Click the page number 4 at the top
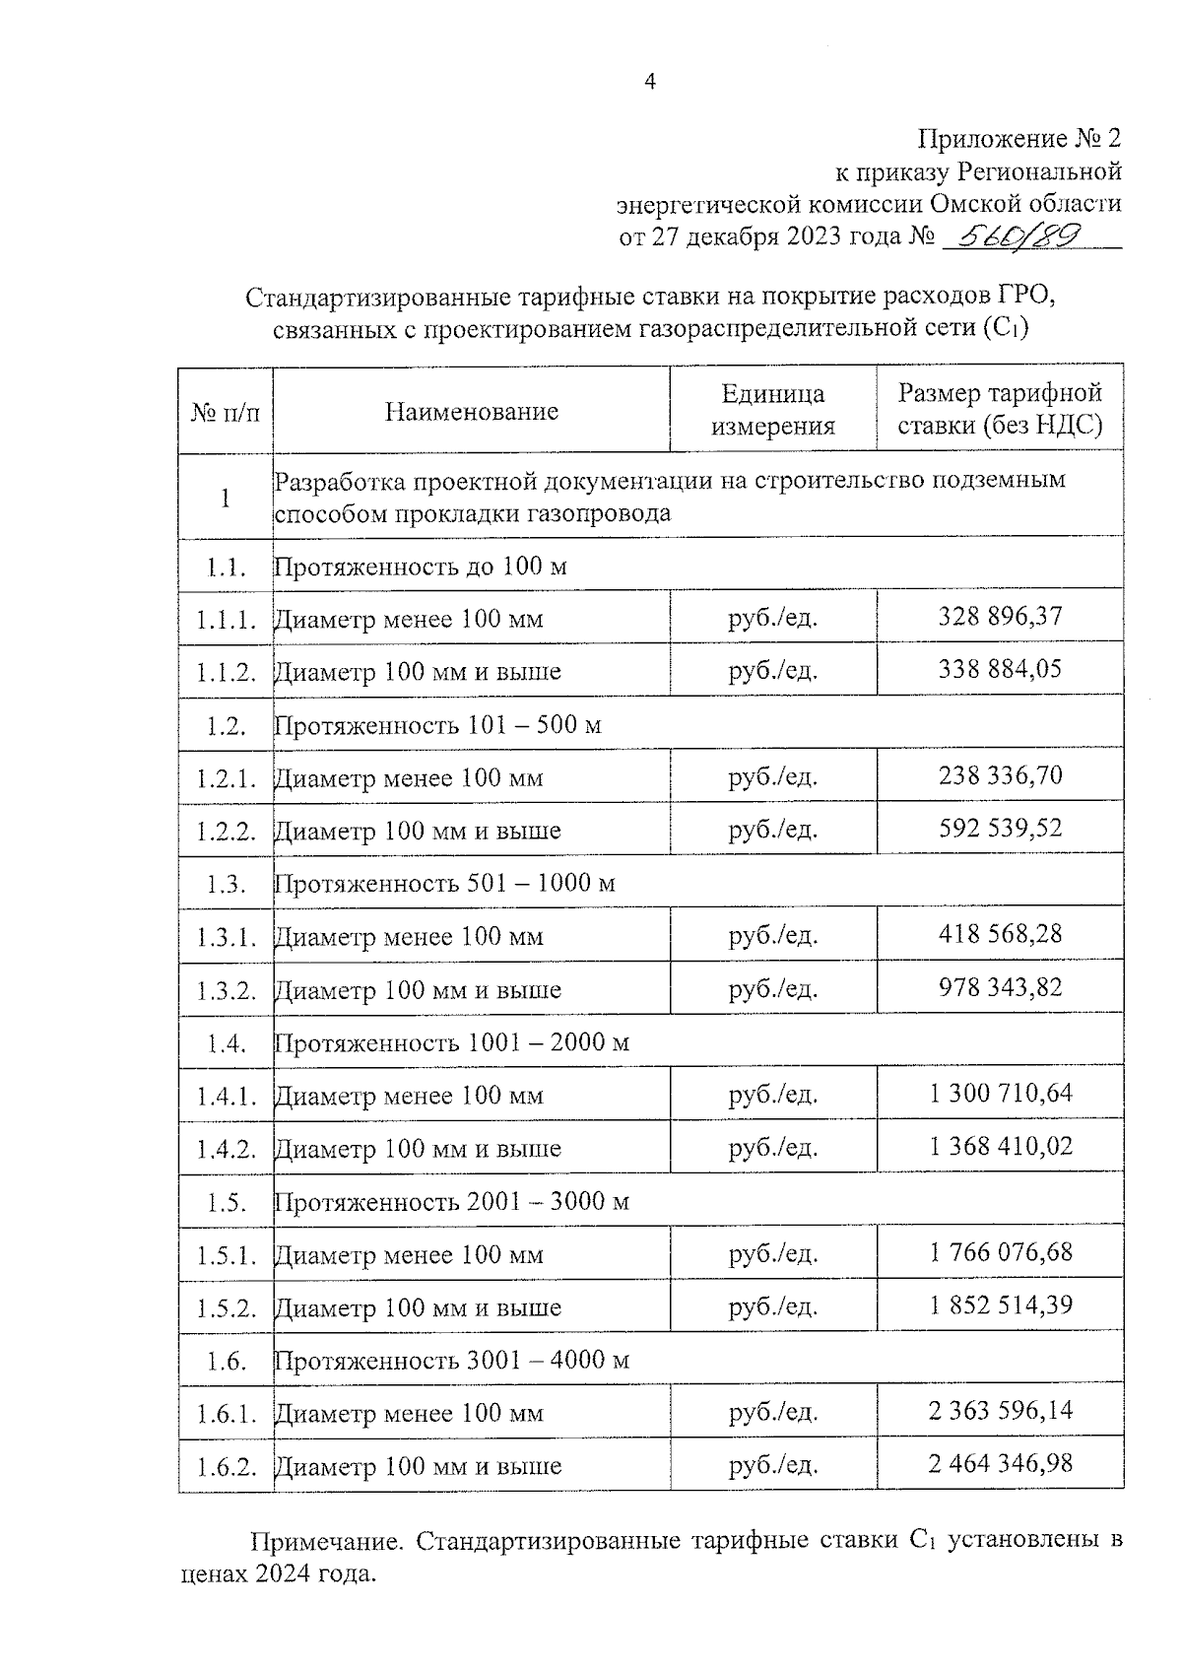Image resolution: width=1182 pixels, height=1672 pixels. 649,83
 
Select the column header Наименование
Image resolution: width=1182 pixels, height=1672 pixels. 471,411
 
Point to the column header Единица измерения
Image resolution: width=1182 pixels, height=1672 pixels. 772,410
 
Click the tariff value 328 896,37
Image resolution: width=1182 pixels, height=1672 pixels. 1000,617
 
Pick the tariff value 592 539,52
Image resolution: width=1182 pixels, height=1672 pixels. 1000,828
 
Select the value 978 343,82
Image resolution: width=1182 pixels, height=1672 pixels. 1000,987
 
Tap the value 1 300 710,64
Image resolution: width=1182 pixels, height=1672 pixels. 1000,1094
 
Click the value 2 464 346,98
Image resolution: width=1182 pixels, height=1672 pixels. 1000,1464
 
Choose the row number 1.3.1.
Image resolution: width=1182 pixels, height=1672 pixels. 226,937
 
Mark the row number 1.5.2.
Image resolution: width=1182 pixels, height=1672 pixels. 226,1309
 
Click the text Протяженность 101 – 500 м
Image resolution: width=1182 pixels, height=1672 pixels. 436,726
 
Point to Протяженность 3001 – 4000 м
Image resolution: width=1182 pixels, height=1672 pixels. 451,1361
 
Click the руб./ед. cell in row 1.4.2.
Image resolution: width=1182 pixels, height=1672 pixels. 773,1148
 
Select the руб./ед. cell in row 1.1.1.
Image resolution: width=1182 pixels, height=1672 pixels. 773,618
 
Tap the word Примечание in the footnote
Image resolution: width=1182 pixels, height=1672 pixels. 325,1541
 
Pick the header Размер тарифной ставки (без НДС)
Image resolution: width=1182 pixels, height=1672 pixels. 1000,410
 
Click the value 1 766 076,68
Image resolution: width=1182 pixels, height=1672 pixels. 1000,1252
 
